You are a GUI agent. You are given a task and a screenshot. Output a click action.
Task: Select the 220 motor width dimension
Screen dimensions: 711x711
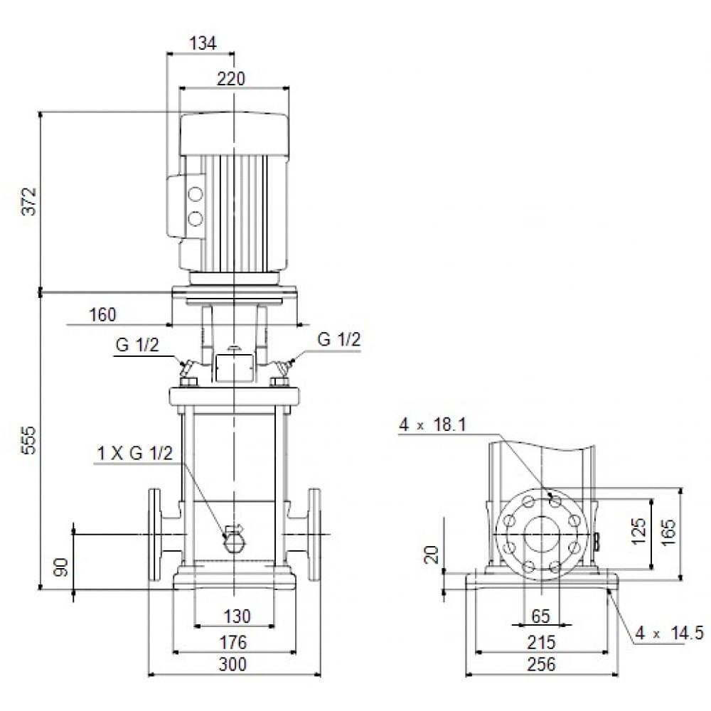coord(231,79)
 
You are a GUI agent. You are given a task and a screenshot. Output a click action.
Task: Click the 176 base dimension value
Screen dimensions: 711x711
coord(232,643)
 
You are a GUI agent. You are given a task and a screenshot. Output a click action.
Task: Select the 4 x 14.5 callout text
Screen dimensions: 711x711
coord(670,633)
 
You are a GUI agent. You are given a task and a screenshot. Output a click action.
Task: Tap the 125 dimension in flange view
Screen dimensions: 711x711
coord(638,531)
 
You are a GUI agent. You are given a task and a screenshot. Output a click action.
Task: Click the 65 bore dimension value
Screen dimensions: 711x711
coord(541,616)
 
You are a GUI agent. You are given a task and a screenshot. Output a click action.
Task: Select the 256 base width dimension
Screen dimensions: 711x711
coord(541,665)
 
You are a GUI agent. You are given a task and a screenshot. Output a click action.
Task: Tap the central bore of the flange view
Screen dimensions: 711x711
coord(541,535)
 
